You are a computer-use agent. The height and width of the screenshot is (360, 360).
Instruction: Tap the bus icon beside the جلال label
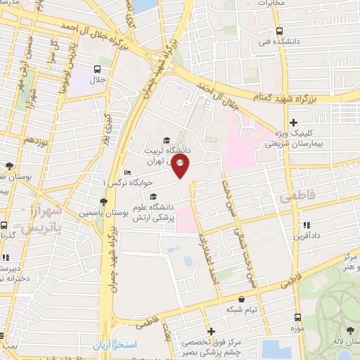coord(97,69)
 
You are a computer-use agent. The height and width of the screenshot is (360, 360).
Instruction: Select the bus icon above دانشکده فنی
coord(279,31)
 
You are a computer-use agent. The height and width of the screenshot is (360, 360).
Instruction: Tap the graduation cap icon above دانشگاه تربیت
coord(167,139)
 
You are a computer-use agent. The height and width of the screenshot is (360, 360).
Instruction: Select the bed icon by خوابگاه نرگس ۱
coord(127,173)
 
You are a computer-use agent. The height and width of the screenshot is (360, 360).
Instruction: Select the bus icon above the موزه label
coord(295,318)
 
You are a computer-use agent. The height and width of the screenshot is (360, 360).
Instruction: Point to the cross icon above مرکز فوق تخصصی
coord(210,330)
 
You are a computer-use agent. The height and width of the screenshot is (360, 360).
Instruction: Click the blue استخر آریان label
coord(117,347)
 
